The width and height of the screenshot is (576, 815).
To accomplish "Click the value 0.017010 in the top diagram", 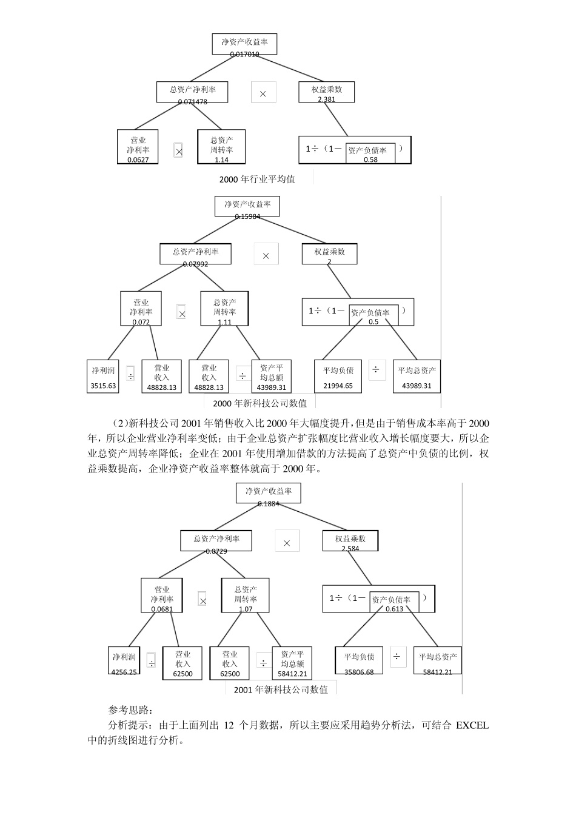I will tap(244, 54).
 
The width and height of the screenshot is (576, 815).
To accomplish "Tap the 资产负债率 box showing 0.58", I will tap(370, 153).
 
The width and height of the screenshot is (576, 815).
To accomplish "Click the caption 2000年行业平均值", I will tap(257, 179).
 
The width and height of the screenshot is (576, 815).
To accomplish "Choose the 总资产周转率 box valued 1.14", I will tap(221, 147).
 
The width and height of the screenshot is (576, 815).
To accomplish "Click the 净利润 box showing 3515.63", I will tap(103, 377).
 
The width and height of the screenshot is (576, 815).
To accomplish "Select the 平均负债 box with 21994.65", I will tap(338, 377).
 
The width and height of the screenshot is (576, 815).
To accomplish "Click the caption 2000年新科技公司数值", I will tap(260, 403).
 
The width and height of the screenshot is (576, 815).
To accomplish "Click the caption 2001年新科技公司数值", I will tap(281, 689).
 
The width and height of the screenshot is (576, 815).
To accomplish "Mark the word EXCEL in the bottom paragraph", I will tap(472, 725).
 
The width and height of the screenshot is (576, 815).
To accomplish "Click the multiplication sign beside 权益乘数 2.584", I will tap(287, 543).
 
